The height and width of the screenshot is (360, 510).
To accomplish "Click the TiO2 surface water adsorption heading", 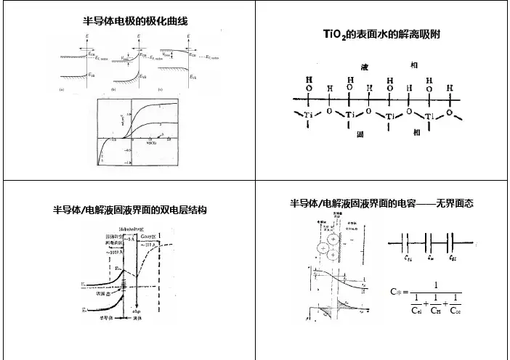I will pos(382,35).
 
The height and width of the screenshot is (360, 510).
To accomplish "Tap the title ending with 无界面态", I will pos(382,205).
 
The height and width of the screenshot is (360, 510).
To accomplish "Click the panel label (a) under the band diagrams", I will pos(61,88).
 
